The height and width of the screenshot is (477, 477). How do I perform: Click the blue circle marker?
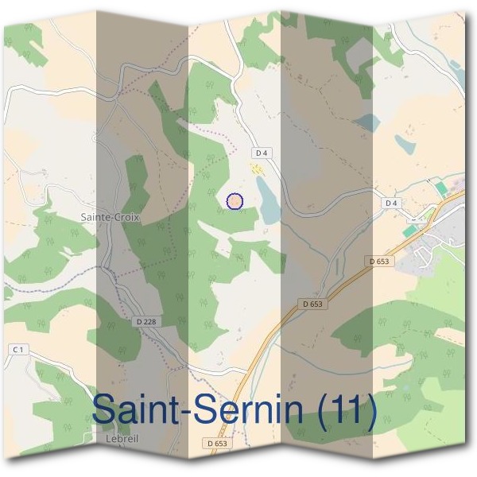235,201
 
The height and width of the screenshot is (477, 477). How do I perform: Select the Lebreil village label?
121,437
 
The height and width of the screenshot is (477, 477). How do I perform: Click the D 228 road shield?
145,321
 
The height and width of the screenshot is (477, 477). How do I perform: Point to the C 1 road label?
18,350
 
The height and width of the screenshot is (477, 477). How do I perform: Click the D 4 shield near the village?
390,203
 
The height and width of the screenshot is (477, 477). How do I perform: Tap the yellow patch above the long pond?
256,168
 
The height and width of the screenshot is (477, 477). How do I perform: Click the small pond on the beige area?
405,144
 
